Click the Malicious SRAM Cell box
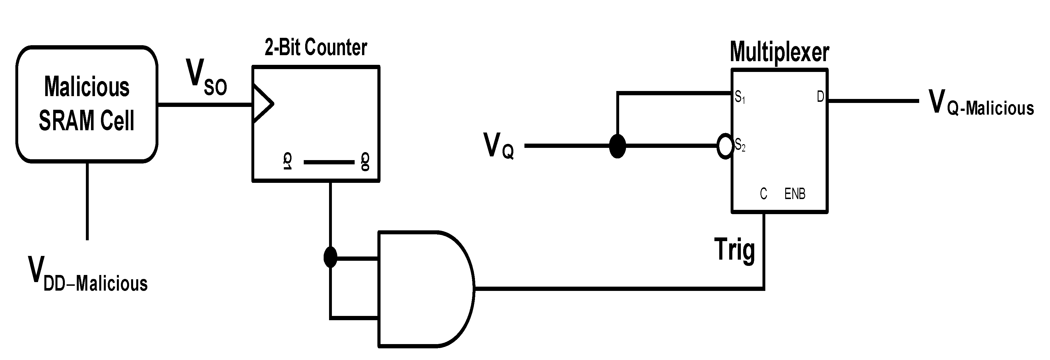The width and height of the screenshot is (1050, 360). click(86, 104)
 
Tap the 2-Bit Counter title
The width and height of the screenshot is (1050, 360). click(316, 48)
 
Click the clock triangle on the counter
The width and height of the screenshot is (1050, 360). click(262, 103)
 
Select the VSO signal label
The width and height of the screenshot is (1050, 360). click(206, 77)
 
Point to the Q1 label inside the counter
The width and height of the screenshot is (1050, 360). click(287, 162)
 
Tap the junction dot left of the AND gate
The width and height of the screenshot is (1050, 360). click(330, 257)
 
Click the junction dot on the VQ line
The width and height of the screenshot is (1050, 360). click(617, 146)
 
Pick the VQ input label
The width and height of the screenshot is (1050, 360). click(498, 146)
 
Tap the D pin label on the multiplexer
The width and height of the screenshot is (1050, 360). click(820, 97)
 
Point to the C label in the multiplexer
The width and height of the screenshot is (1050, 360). click(763, 194)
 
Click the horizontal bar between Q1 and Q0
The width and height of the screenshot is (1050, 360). click(329, 162)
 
